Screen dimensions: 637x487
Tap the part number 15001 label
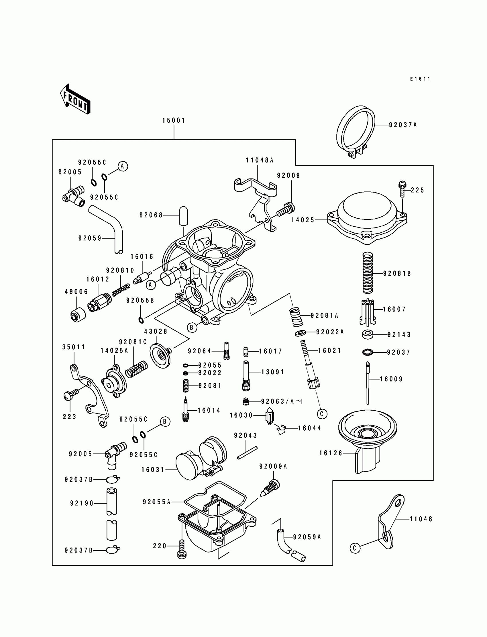pos(174,120)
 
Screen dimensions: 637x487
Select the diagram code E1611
pos(420,79)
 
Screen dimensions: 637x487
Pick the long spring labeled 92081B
pos(368,273)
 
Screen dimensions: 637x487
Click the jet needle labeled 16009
pos(368,383)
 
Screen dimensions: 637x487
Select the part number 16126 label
pos(331,453)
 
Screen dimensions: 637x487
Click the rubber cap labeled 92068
pos(184,215)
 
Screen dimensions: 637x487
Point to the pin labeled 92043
pos(247,452)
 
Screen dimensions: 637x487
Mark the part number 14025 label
pos(303,220)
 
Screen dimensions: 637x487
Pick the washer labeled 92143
pos(368,334)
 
